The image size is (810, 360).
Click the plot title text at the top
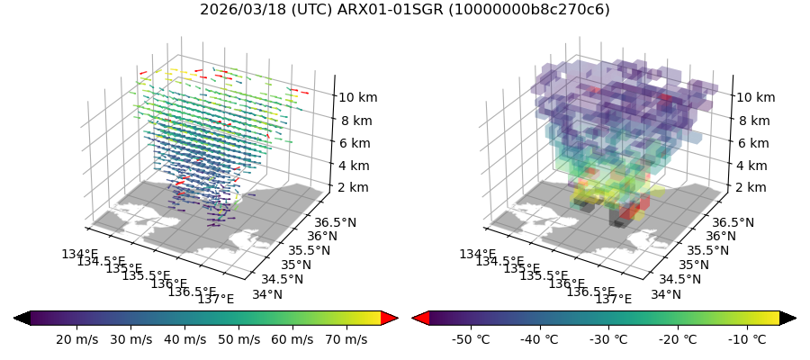[x=404, y=10]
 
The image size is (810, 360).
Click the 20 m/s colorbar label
[x=77, y=339]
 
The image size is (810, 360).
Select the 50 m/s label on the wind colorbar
[x=238, y=339]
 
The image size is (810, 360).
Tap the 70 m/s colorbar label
[x=346, y=339]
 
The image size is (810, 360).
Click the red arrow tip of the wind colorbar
[x=389, y=318]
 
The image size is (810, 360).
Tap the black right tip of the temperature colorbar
[x=787, y=318]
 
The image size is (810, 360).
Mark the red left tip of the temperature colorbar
[x=420, y=318]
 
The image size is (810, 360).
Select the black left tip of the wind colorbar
[x=22, y=318]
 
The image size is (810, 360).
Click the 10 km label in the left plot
[x=360, y=97]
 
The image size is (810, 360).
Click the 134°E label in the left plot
[x=79, y=255]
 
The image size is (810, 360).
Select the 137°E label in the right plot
[x=612, y=299]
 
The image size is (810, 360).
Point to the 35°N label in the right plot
[x=693, y=265]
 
